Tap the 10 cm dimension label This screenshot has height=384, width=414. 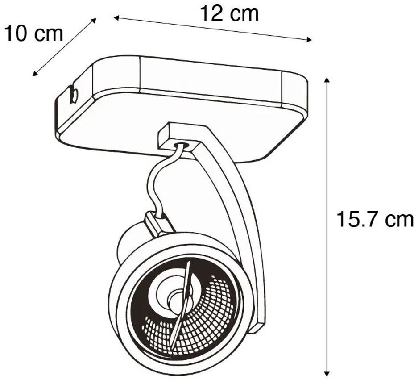pyautogui.click(x=34, y=33)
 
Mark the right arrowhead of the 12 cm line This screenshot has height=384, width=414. pyautogui.click(x=309, y=40)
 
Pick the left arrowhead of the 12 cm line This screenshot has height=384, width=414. pyautogui.click(x=117, y=18)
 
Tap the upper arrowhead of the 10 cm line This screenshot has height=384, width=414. pyautogui.click(x=94, y=21)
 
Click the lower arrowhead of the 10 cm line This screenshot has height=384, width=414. pyautogui.click(x=35, y=74)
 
